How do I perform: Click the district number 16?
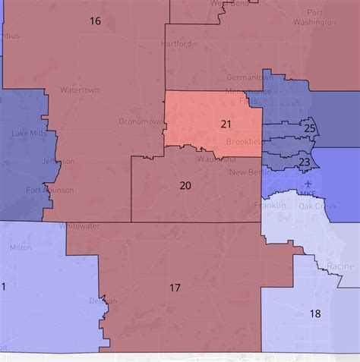(x=95, y=21)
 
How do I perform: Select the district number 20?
(x=185, y=185)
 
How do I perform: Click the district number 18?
(x=315, y=313)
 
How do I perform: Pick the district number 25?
(x=309, y=128)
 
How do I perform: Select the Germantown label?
(x=249, y=78)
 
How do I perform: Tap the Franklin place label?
(x=271, y=206)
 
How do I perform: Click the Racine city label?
(x=341, y=266)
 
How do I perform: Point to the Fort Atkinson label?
(x=49, y=190)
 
